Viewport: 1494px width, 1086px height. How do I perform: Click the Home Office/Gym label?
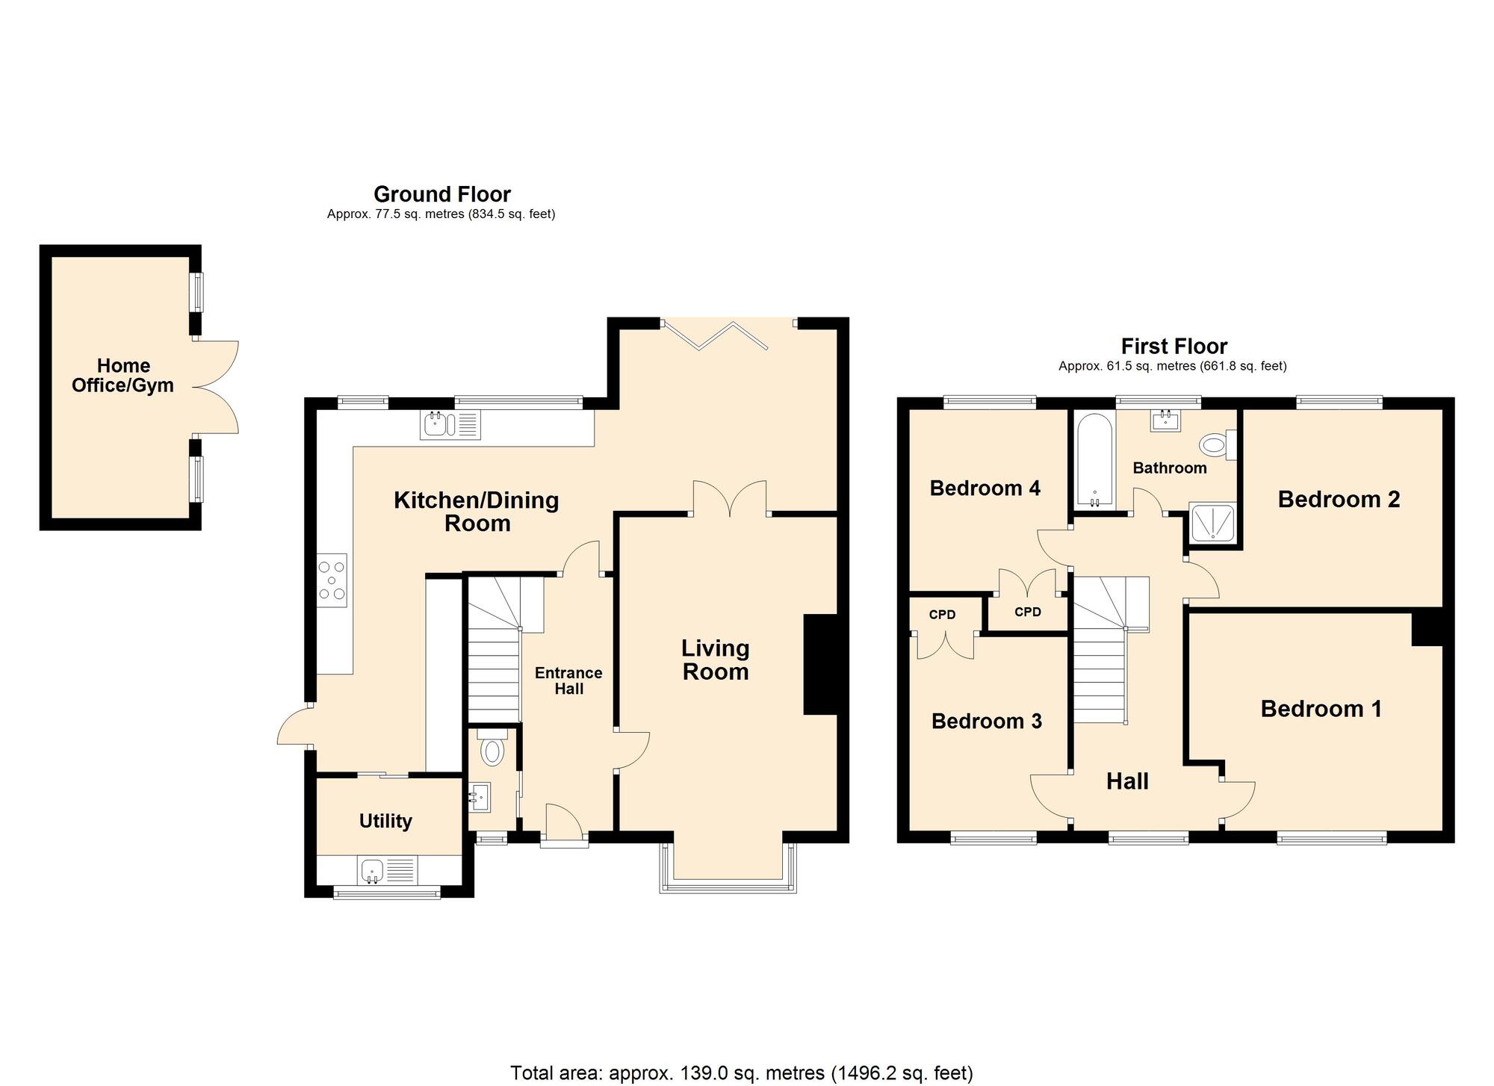[123, 376]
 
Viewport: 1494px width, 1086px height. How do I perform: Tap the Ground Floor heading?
[441, 194]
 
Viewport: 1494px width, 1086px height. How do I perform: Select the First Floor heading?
[1174, 347]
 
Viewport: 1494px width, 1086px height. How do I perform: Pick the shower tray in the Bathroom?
[1212, 523]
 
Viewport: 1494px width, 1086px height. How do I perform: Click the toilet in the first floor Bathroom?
[1215, 446]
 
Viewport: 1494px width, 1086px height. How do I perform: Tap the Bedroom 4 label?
[985, 488]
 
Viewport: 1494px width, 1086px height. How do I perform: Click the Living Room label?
[715, 660]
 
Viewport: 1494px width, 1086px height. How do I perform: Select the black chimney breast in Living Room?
[820, 665]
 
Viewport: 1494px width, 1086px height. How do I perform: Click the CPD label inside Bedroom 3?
[942, 615]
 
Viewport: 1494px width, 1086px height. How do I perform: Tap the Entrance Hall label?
[568, 680]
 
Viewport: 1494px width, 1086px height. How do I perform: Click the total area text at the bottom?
[741, 1073]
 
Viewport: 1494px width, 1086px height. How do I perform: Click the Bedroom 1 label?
[1321, 709]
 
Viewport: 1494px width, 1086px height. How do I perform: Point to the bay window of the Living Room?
[728, 870]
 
